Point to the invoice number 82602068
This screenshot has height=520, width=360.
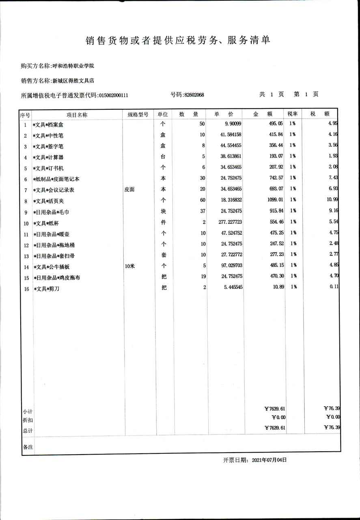pyautogui.click(x=194, y=95)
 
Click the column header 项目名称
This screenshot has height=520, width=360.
pyautogui.click(x=77, y=115)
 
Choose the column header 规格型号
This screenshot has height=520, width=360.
pyautogui.click(x=138, y=115)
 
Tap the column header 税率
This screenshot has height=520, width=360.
pyautogui.click(x=293, y=115)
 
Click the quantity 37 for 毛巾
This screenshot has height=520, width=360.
pyautogui.click(x=202, y=211)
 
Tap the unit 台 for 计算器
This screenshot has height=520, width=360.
pyautogui.click(x=163, y=156)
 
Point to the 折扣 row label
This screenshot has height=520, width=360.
pyautogui.click(x=28, y=420)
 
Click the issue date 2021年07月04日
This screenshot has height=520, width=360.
pyautogui.click(x=269, y=460)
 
